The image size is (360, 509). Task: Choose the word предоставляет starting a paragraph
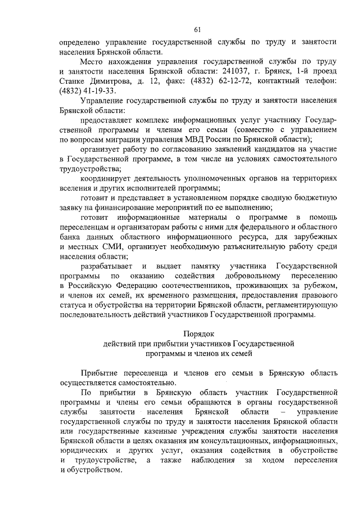[110, 120]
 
